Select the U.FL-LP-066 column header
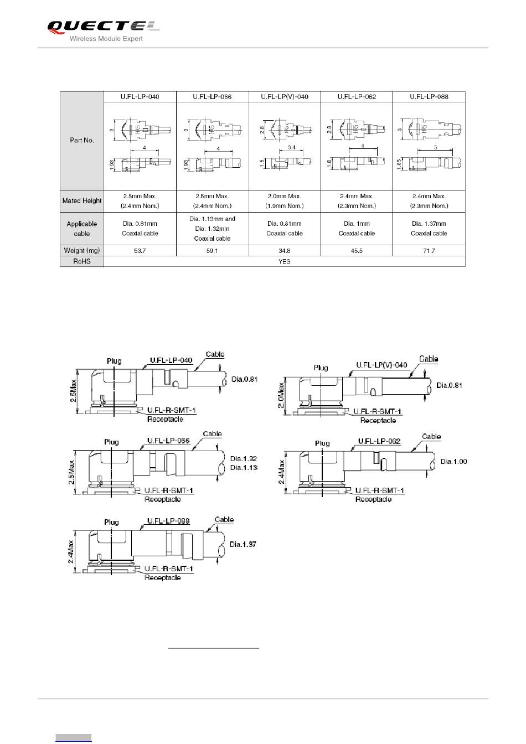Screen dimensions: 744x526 212,97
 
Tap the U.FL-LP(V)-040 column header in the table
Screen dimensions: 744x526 285,97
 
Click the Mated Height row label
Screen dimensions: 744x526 82,201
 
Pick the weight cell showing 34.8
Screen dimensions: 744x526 285,251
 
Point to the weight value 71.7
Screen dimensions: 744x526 429,251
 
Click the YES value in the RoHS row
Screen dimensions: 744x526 285,261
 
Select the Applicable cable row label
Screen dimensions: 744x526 82,229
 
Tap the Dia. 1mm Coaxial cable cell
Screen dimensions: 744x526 357,229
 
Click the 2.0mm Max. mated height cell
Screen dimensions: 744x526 285,201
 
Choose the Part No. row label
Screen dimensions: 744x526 82,141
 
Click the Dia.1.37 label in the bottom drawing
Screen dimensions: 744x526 243,544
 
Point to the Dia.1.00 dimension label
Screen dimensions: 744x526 454,461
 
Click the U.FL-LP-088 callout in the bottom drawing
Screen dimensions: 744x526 168,521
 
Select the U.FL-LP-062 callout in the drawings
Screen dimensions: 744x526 379,441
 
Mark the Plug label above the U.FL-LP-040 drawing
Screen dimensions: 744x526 114,361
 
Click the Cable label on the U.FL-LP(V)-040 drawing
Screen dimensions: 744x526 429,359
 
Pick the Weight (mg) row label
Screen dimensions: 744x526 82,251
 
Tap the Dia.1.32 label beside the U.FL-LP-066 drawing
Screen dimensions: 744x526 244,458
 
